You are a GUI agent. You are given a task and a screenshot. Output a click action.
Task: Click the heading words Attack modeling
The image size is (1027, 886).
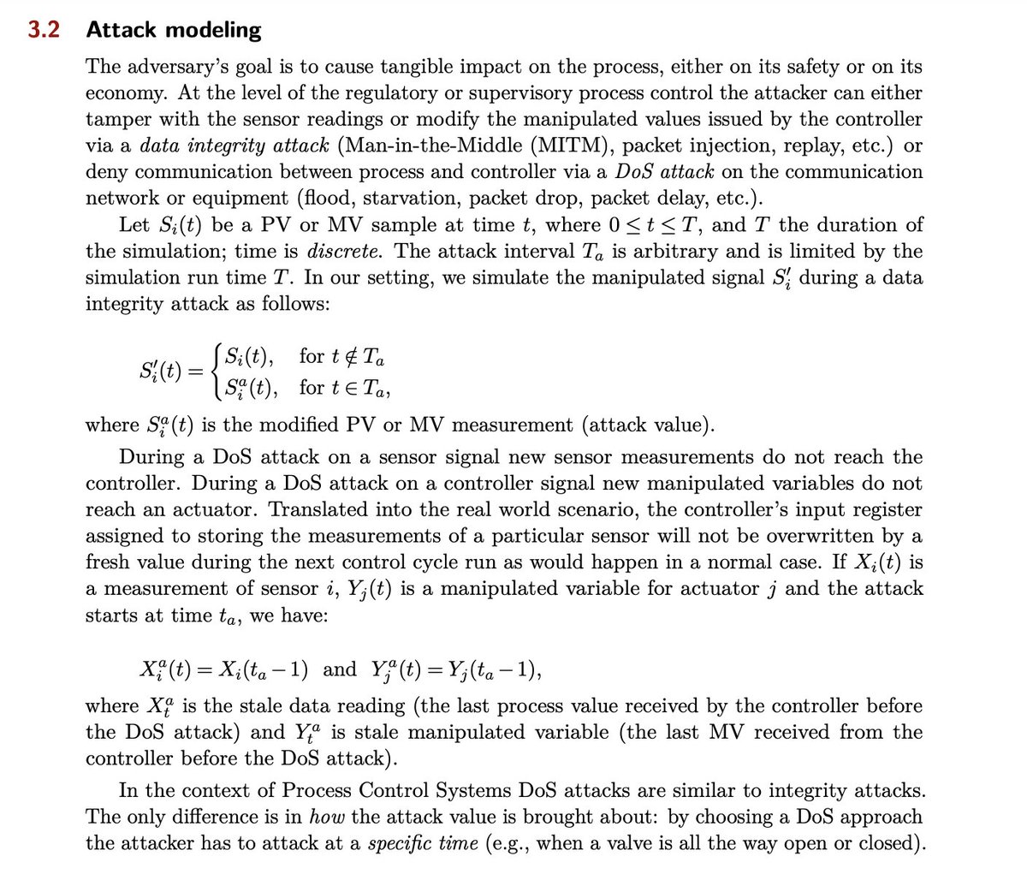174,31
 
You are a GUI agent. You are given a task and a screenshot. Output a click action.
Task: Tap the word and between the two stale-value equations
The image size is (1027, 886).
340,669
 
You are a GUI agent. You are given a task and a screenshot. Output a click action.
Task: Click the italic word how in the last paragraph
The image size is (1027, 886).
326,817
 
